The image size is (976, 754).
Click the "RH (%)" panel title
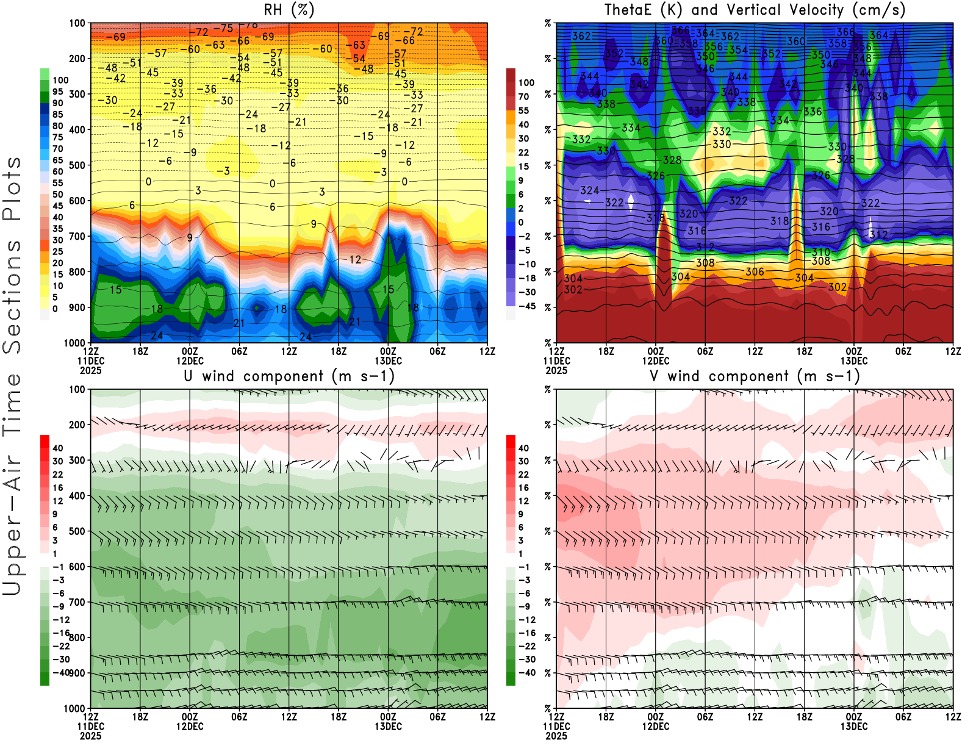[x=289, y=10]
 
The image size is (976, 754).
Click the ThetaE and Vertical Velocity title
[x=755, y=10]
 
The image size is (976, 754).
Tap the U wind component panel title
[x=289, y=376]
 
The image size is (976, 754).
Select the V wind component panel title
[x=755, y=376]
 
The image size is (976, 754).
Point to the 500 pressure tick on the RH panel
[x=77, y=165]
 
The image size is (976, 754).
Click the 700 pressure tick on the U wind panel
[x=77, y=602]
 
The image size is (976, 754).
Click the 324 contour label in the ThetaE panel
[x=589, y=190]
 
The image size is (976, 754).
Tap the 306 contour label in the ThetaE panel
[x=755, y=272]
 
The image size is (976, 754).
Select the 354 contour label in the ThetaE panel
[x=738, y=49]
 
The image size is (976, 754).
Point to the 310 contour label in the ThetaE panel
[x=820, y=252]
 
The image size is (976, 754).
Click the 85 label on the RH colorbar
[x=57, y=114]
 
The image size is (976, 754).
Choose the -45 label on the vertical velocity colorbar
[x=526, y=306]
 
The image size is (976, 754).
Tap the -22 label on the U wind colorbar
[x=61, y=646]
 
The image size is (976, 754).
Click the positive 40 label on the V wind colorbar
[x=523, y=448]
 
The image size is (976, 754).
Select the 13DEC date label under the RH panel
[x=388, y=361]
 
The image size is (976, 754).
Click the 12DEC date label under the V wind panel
[x=655, y=727]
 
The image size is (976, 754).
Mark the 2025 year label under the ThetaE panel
[x=556, y=370]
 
